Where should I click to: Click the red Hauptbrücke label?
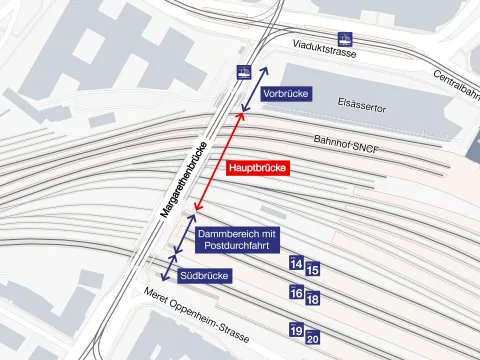pyautogui.click(x=258, y=169)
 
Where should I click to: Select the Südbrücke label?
pyautogui.click(x=205, y=275)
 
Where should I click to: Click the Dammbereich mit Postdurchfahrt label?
pyautogui.click(x=238, y=239)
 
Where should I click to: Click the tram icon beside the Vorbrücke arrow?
pyautogui.click(x=242, y=72)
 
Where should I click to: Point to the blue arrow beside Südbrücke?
pyautogui.click(x=165, y=267)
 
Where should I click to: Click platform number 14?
pyautogui.click(x=295, y=263)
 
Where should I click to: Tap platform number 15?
pyautogui.click(x=312, y=269)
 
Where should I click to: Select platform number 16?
pyautogui.click(x=295, y=293)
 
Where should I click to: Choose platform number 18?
pyautogui.click(x=312, y=299)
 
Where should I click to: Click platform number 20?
pyautogui.click(x=312, y=338)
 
